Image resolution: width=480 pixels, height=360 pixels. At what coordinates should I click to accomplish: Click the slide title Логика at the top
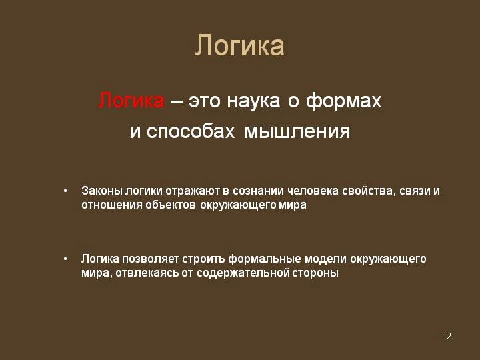[x=239, y=46]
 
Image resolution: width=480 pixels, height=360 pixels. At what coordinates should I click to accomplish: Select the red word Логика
[x=131, y=101]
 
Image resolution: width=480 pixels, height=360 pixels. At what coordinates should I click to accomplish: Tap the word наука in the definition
[x=253, y=101]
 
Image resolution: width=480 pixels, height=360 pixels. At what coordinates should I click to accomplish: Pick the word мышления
[x=297, y=131]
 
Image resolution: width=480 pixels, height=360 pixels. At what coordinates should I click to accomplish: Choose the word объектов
[x=170, y=205]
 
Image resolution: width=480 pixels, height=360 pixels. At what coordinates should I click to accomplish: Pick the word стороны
[x=315, y=273]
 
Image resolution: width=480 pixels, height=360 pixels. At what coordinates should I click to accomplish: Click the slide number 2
[x=449, y=336]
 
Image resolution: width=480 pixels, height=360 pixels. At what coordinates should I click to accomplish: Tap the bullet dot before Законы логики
[x=65, y=191]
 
